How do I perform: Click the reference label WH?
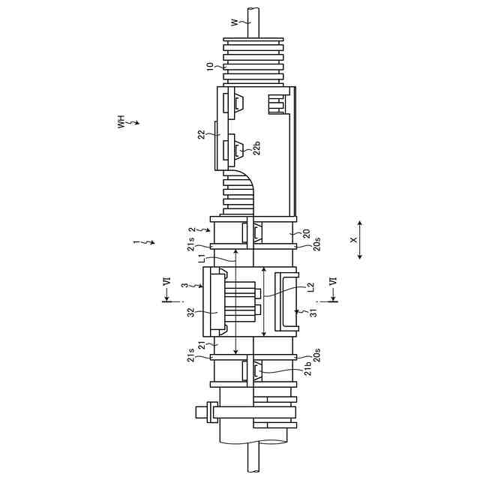[121, 121]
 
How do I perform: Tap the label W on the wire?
[235, 23]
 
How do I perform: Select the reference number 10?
[210, 67]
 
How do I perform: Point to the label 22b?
[257, 148]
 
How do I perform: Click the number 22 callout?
[202, 134]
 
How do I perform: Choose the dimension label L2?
[310, 287]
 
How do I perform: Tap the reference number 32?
[192, 312]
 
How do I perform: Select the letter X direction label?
[354, 240]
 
